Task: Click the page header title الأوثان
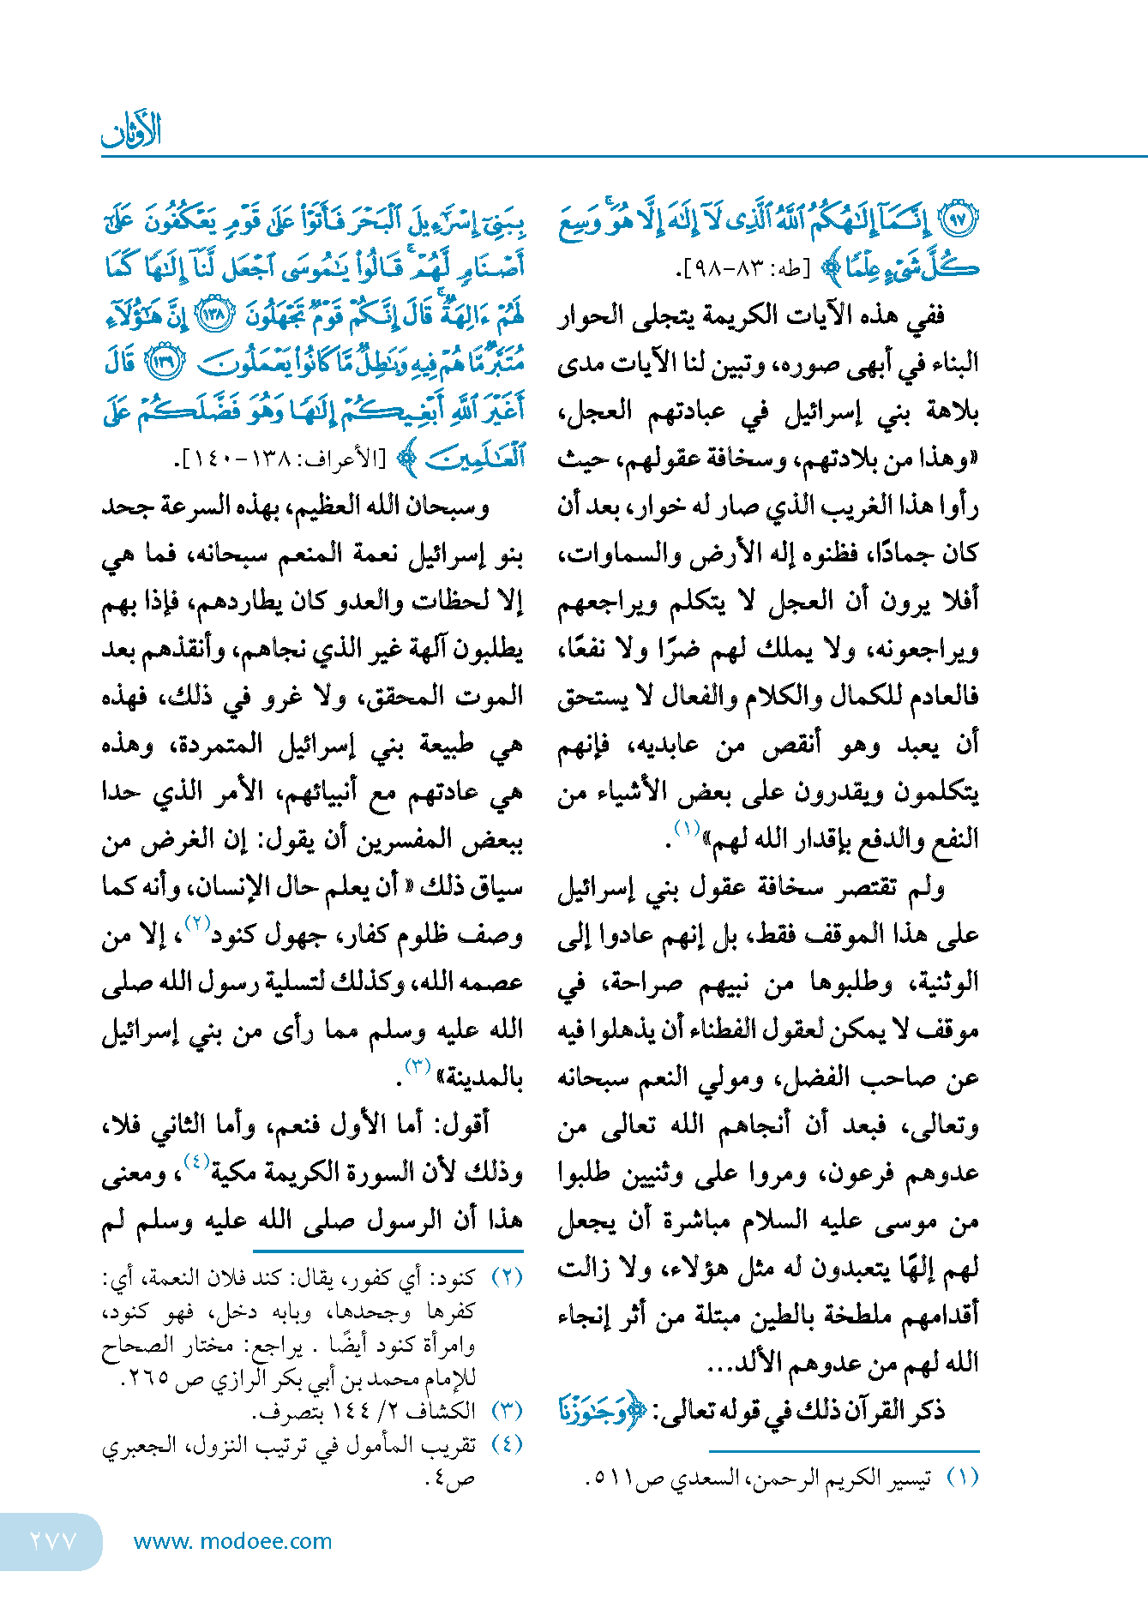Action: coord(131,131)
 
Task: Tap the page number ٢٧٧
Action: coord(54,1541)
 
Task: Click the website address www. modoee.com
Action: coord(232,1541)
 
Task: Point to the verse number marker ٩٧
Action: coord(960,220)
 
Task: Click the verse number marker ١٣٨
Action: coord(214,315)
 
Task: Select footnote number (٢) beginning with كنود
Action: coord(507,1278)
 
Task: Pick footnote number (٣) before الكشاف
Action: coord(507,1410)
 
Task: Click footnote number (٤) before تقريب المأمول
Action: coord(507,1444)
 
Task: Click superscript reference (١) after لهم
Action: coord(686,828)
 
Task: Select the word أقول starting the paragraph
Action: coord(468,1124)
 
